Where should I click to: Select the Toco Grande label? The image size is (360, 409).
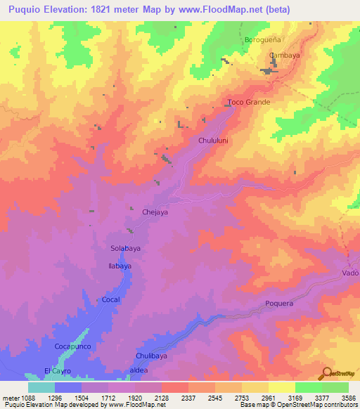point(249,102)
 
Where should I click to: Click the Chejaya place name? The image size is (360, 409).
point(155,212)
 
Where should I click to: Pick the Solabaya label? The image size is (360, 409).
point(127,248)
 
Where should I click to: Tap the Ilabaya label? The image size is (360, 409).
point(120,266)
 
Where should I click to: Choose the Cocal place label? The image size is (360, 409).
point(111,299)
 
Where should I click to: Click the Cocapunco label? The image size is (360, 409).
point(73,347)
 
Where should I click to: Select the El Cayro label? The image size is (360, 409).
point(58,370)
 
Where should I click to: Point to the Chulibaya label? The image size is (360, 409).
point(151,356)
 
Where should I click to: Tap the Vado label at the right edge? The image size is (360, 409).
point(350,273)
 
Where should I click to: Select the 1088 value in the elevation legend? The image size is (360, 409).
point(20,398)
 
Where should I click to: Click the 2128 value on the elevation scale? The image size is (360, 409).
point(161,398)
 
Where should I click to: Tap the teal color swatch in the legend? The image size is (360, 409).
point(41,387)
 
